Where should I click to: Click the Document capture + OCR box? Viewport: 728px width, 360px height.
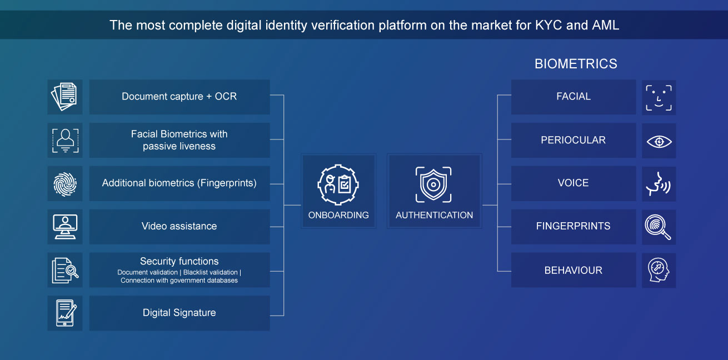tap(179, 97)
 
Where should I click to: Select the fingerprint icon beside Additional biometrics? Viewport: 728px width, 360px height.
tap(65, 184)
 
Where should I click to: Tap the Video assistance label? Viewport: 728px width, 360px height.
tap(179, 226)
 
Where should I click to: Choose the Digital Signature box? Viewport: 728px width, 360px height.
tap(179, 313)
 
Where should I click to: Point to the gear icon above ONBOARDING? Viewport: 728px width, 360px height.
tap(338, 184)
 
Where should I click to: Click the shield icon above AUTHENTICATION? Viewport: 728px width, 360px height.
tap(433, 184)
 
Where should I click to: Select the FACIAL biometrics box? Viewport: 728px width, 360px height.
tap(574, 97)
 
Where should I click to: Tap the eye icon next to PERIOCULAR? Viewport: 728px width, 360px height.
tap(659, 142)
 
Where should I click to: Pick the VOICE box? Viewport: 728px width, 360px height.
tap(574, 183)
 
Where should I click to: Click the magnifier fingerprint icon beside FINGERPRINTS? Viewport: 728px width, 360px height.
tap(658, 227)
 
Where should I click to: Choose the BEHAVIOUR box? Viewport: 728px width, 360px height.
tap(574, 270)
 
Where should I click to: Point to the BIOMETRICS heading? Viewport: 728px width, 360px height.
tap(576, 64)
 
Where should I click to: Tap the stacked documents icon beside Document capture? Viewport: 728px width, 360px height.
tap(64, 97)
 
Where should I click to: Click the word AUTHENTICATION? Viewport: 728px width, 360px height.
tap(434, 215)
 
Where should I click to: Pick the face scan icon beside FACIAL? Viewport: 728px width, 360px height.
tap(659, 98)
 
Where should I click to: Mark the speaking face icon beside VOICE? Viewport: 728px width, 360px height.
tap(659, 184)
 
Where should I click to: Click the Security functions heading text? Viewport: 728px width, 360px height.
tap(179, 261)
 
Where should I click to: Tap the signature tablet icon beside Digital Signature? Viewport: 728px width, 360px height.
tap(66, 313)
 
